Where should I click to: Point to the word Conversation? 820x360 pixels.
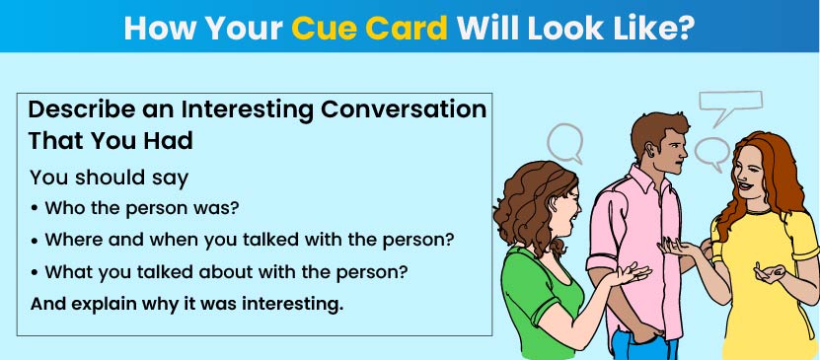[404, 110]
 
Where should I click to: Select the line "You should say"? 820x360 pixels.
[109, 178]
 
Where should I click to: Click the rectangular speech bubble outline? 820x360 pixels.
[731, 102]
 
